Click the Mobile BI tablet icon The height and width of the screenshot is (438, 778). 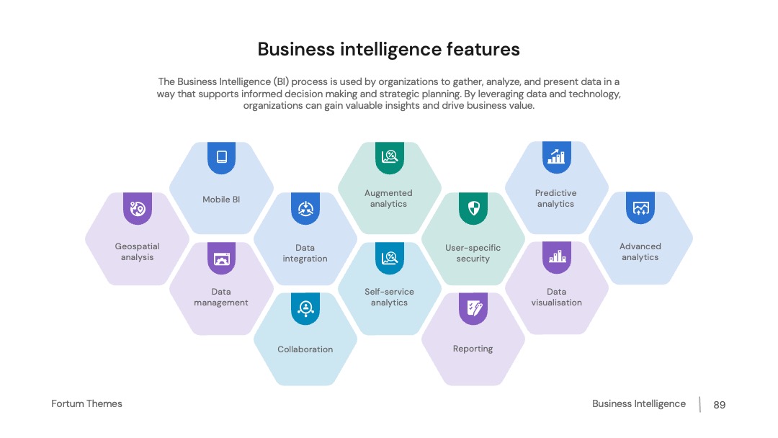(x=222, y=157)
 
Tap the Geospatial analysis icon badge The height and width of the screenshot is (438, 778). (x=138, y=208)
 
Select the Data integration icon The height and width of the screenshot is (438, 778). (x=305, y=208)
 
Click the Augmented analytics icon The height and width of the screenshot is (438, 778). (x=390, y=157)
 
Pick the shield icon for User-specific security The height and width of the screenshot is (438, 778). (x=473, y=208)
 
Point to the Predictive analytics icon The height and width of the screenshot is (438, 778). (x=557, y=157)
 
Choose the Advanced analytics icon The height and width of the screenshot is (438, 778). (x=640, y=208)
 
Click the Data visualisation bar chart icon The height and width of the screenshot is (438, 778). (x=557, y=257)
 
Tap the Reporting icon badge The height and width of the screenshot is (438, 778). (x=473, y=308)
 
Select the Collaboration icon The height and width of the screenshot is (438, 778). (x=305, y=308)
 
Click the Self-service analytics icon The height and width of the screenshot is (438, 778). (x=390, y=258)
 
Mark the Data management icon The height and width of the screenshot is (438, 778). (x=222, y=258)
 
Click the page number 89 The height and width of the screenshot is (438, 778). (x=720, y=405)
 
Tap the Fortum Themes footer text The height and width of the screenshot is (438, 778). (x=87, y=403)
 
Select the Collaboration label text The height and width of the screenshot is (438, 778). (x=305, y=349)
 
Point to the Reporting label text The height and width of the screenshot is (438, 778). (x=473, y=349)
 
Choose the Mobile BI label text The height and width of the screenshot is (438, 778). (x=221, y=200)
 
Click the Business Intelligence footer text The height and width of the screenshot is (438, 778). (x=639, y=403)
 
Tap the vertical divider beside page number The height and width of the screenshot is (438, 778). (x=700, y=404)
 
